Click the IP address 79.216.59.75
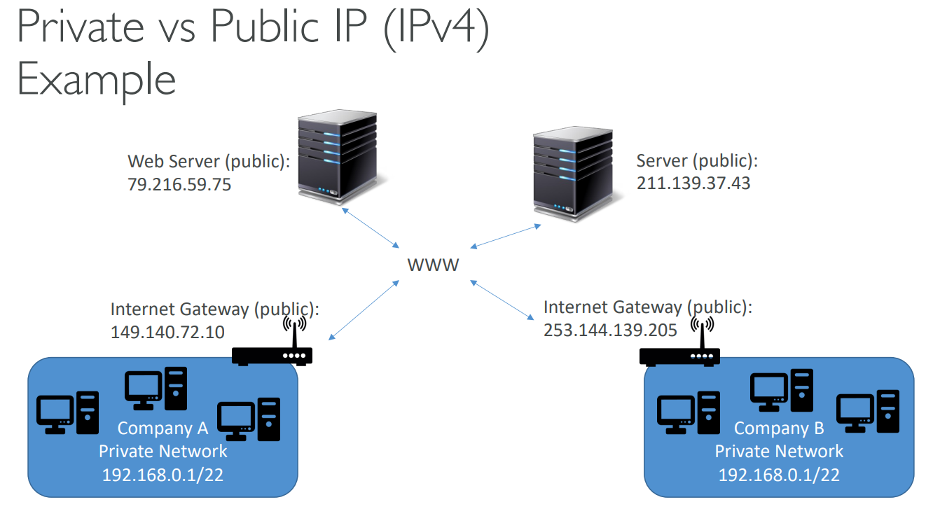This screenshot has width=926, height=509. [179, 185]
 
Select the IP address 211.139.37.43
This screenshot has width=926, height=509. [693, 183]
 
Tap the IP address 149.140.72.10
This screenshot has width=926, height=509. [167, 332]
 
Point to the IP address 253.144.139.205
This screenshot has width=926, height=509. [610, 330]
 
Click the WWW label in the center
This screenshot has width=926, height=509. [434, 265]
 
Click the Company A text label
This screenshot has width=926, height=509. [163, 428]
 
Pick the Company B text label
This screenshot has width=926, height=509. [779, 428]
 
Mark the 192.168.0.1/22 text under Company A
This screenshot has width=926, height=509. [163, 475]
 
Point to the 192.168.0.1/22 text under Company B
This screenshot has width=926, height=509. [779, 475]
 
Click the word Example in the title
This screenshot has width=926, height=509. [96, 79]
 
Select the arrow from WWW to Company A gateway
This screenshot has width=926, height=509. [364, 311]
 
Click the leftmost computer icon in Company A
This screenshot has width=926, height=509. [67, 413]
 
